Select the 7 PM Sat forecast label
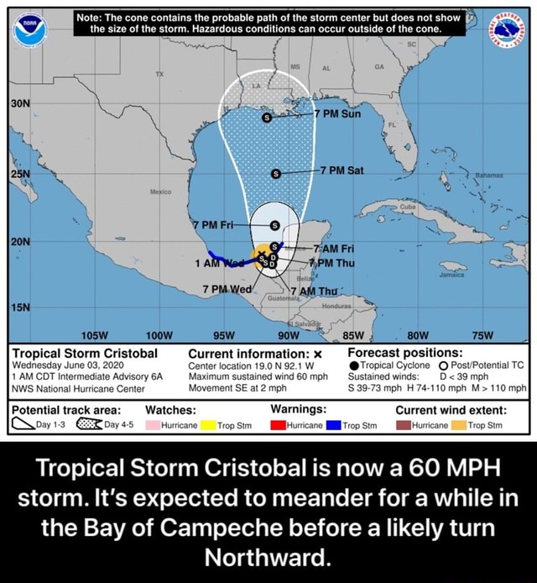[x=340, y=170]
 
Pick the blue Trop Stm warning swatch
[x=332, y=425]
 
